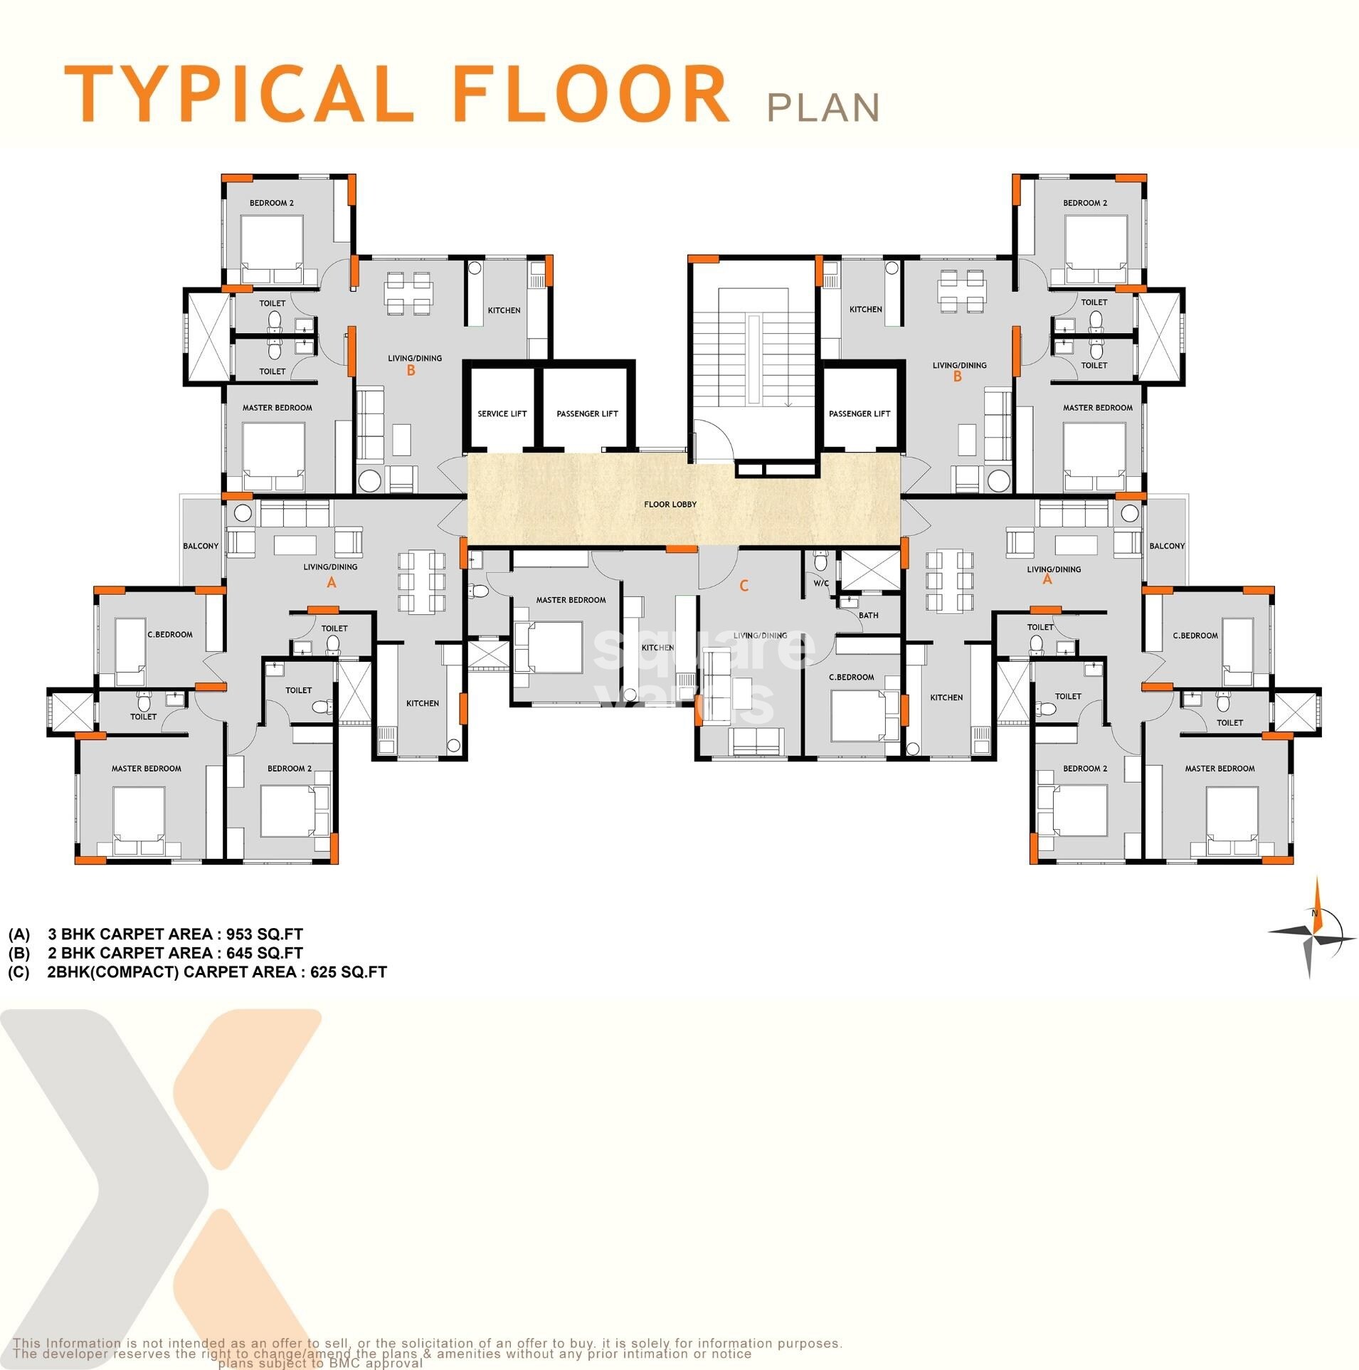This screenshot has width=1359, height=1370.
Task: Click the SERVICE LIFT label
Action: [x=502, y=413]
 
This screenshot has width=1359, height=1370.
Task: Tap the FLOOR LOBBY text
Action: [x=670, y=505]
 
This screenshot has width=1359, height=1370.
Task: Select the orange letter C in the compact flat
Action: [x=744, y=586]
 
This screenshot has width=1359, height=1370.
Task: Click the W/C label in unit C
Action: [x=821, y=584]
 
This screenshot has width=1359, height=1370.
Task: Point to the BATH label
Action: [x=868, y=616]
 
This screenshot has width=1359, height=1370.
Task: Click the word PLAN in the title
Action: [x=823, y=107]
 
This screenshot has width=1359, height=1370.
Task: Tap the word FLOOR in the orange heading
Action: [x=591, y=95]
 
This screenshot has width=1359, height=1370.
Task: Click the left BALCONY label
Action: [x=201, y=546]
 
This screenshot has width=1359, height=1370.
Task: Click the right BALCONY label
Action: [x=1167, y=546]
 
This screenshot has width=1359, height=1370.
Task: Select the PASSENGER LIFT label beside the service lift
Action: [x=587, y=413]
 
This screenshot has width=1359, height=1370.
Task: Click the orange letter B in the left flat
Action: [x=411, y=371]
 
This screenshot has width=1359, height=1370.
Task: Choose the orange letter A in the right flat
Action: [x=1047, y=580]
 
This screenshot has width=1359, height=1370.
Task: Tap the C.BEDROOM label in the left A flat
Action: [x=170, y=635]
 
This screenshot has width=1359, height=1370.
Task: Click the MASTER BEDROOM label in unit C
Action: [x=571, y=600]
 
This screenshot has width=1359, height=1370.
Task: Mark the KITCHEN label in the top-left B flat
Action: [x=504, y=310]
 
